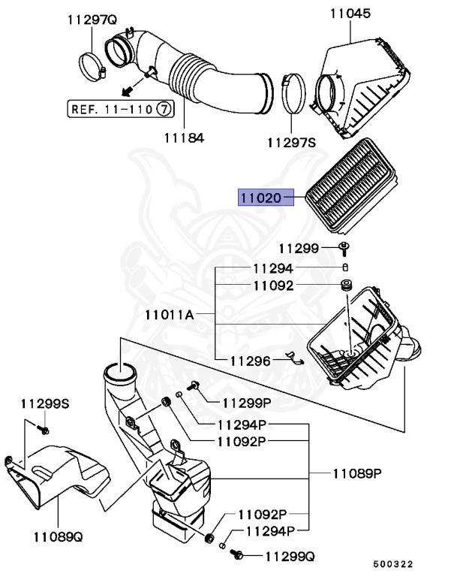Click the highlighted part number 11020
pos(260,198)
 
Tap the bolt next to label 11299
pos(345,248)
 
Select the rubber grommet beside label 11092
pos(347,286)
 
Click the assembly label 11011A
pos(170,315)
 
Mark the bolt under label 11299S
pos(43,430)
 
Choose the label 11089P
pos(357,474)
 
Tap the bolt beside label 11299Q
pos(239,554)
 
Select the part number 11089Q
pos(58,536)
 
